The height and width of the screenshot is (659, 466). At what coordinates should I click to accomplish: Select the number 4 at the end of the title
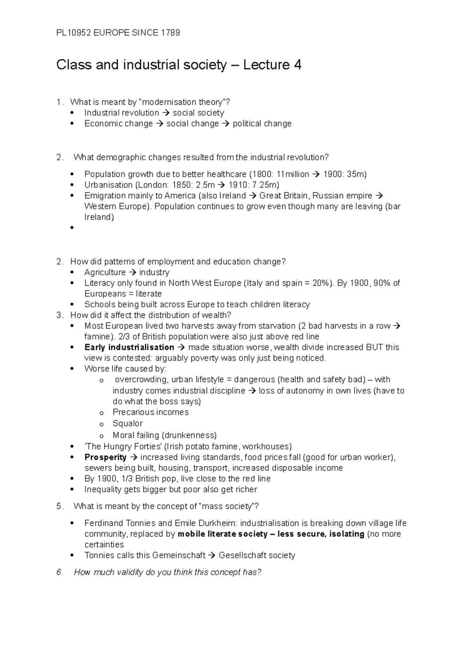tap(298, 65)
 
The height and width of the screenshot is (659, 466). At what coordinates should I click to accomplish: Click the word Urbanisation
tap(108, 185)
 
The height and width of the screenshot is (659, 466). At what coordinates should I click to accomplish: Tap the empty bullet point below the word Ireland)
tap(72, 228)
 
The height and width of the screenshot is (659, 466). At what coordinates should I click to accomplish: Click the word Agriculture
tap(105, 272)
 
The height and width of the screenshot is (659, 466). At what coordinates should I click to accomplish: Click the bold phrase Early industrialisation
tap(129, 347)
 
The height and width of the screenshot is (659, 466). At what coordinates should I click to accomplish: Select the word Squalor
tap(127, 423)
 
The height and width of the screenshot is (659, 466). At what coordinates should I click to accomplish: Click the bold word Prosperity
tap(105, 457)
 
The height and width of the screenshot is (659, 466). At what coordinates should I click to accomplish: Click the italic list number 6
tap(59, 572)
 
